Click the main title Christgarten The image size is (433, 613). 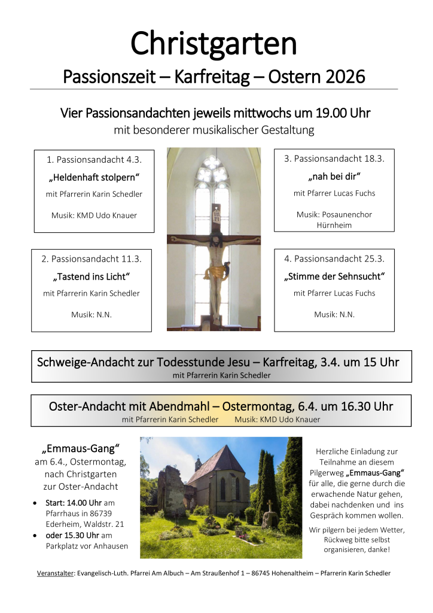pos(214,44)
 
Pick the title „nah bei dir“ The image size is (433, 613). pos(334,177)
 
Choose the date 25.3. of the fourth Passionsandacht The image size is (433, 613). pos(373,259)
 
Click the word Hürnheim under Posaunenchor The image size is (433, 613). pos(334,225)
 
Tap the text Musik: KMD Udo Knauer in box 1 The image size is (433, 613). pos(94,215)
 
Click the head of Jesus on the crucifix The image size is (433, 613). pos(213,245)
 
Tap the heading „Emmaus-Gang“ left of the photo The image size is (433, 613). pos(81,448)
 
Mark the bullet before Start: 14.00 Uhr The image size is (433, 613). pos(37,503)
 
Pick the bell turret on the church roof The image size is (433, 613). pos(198,463)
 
